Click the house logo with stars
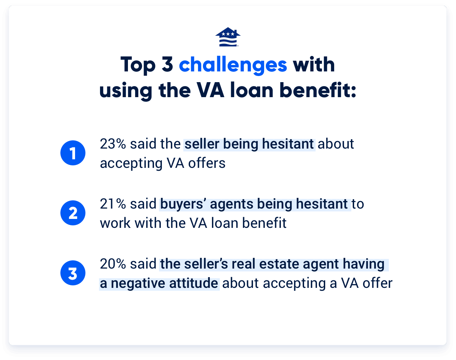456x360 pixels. click(228, 37)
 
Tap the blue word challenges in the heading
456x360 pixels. click(233, 65)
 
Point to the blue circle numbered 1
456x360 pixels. click(73, 153)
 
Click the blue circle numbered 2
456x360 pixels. click(73, 213)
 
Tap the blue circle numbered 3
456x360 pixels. click(73, 274)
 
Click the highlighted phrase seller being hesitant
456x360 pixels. click(249, 144)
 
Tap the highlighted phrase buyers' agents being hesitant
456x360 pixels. click(254, 204)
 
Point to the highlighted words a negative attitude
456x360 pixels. click(159, 283)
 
